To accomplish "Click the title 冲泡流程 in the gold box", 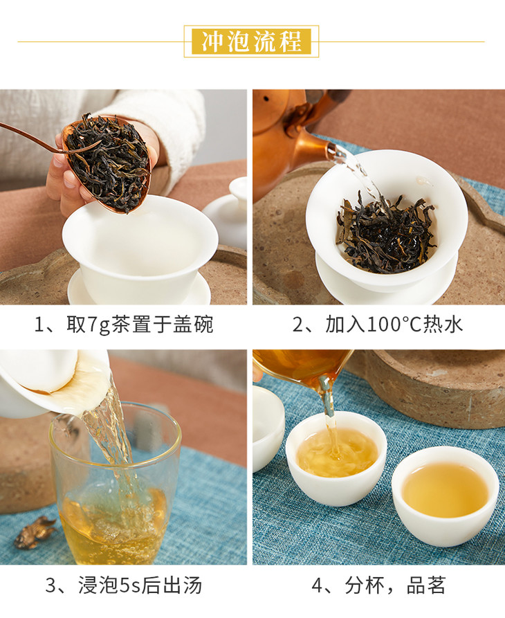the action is [251, 42].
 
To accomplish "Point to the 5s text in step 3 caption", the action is [129, 585].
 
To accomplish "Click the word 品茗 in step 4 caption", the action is [426, 585].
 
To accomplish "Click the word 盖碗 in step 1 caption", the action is [193, 325].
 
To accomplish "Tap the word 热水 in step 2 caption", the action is [443, 325].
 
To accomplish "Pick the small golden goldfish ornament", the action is [35, 533].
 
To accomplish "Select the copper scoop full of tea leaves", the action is [107, 163].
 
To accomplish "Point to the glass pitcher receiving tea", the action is [115, 483].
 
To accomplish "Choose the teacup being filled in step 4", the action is [336, 458].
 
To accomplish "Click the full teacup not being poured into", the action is [445, 496].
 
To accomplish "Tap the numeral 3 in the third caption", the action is [50, 585].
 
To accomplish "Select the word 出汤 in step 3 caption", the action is [182, 585].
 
